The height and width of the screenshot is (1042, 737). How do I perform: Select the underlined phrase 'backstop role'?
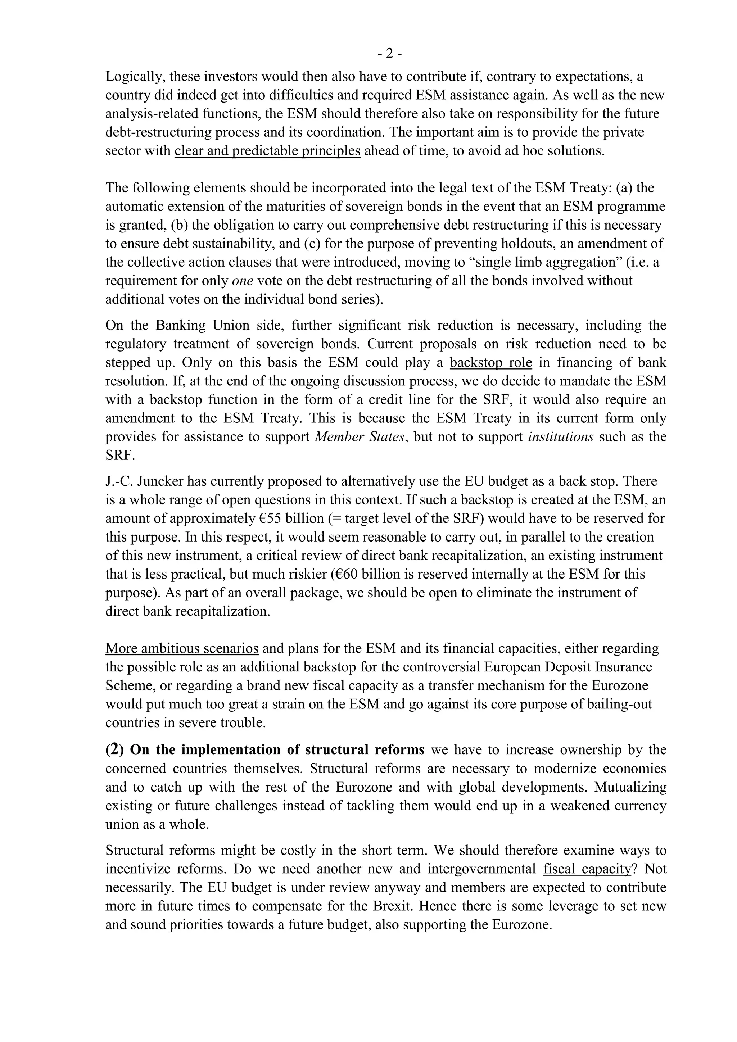(490, 363)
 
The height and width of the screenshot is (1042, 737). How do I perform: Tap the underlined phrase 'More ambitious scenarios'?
(182, 648)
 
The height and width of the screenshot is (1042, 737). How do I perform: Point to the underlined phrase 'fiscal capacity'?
(587, 869)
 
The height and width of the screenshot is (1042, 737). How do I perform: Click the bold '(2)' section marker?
(114, 749)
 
